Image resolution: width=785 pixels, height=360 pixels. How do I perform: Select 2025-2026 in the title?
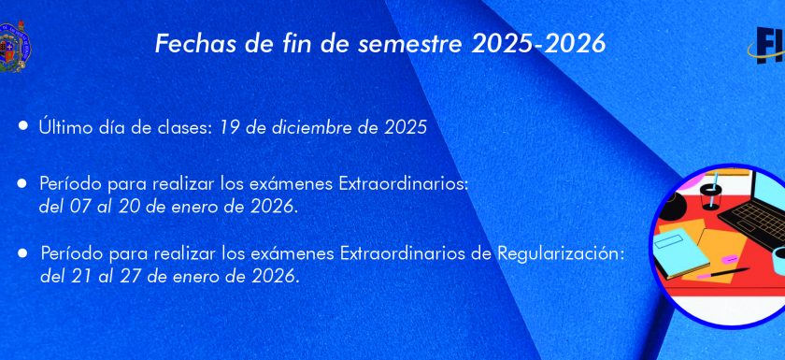(538, 44)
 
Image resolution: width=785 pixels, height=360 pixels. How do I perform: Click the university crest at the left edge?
(15, 47)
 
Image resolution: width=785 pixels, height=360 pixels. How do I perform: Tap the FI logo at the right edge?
(766, 46)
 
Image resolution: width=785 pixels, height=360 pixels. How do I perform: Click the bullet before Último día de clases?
(23, 125)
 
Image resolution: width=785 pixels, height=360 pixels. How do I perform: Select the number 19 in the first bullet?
(228, 128)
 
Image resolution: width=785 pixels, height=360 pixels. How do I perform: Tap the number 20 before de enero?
(128, 207)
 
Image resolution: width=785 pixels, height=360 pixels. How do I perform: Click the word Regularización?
(562, 254)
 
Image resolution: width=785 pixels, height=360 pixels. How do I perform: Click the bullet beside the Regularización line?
(22, 253)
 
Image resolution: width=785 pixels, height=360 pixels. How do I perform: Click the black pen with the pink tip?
(723, 273)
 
